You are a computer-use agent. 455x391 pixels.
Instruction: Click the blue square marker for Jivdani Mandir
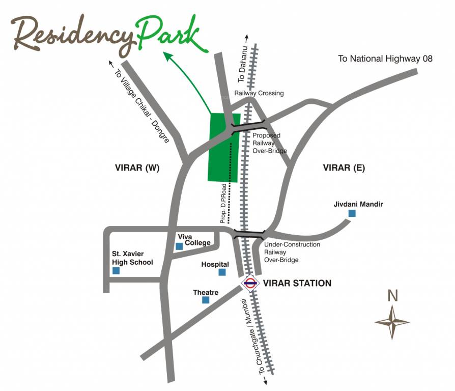tap(352, 214)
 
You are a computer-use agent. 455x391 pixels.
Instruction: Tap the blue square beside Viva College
tap(179, 246)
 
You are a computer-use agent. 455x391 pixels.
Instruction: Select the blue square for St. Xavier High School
tap(116, 271)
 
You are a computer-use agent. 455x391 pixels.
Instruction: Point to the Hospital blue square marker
tap(222, 272)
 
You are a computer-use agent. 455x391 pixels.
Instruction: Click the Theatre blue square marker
tap(206, 300)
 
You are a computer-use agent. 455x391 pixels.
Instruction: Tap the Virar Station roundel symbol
tap(250, 284)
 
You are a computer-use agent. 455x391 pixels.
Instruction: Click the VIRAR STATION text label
tap(297, 283)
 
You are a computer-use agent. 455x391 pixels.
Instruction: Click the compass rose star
tap(392, 322)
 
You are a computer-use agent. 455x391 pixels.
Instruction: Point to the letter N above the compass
tap(392, 296)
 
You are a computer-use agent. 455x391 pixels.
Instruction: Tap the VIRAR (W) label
tap(137, 168)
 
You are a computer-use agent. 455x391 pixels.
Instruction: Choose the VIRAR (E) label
tap(344, 168)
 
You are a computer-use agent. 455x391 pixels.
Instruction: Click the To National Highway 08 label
tap(385, 59)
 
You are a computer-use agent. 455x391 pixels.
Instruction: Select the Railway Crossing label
tap(259, 93)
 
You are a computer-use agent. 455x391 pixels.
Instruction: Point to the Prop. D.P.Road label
tap(223, 208)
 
